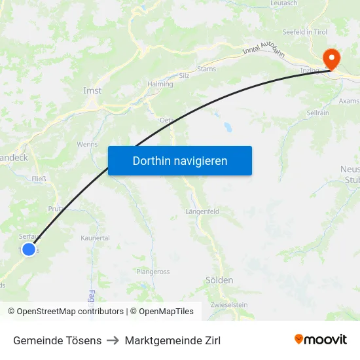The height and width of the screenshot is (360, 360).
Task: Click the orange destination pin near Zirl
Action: click(331, 59)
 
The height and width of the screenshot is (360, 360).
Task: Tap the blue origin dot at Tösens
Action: click(28, 249)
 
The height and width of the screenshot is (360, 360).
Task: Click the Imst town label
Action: click(92, 91)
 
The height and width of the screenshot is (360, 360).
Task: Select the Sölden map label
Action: click(219, 280)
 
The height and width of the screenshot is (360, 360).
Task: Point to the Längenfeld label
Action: click(202, 211)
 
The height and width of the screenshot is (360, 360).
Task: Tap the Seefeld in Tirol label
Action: click(304, 31)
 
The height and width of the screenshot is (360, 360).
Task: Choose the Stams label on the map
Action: click(206, 68)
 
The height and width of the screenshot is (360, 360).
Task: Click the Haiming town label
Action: click(160, 84)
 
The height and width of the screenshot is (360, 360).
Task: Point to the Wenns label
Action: click(87, 144)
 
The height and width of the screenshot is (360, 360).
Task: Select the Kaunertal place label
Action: click(95, 238)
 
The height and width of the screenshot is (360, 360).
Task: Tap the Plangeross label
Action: click(153, 272)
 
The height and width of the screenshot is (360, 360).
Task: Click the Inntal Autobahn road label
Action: click(264, 50)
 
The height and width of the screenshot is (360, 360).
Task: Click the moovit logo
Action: click(321, 339)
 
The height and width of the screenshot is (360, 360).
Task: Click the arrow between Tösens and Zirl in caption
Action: click(113, 340)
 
